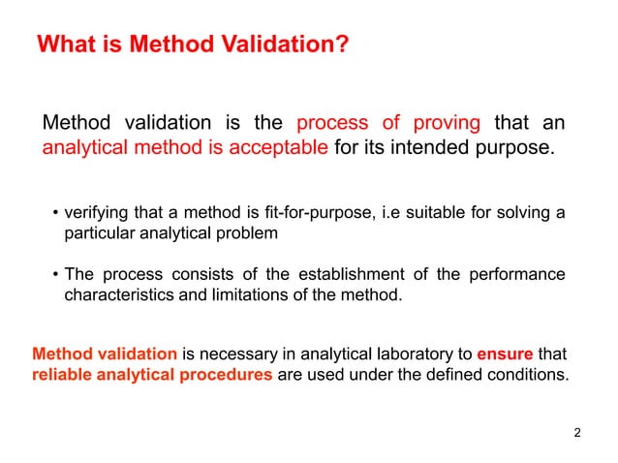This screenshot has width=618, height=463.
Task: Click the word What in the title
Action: [x=65, y=45]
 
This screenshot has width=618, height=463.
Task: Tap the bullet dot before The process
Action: [x=55, y=275]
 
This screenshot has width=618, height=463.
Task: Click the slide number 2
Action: [x=577, y=432]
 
